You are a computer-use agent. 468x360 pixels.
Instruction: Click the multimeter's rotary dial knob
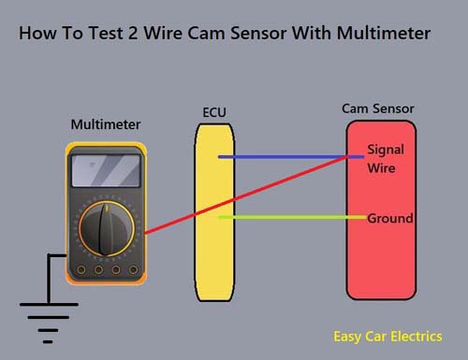[x=107, y=229]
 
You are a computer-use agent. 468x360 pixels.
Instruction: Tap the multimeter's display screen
[x=106, y=170]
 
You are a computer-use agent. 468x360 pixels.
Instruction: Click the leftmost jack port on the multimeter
[x=81, y=269]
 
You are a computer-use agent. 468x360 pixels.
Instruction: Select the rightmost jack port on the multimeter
[x=133, y=269]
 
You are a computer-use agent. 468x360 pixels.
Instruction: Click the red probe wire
[x=246, y=194]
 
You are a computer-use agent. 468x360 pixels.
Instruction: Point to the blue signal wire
[x=291, y=157]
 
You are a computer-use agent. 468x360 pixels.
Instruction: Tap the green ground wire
[x=293, y=217]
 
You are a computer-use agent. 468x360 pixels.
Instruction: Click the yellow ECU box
[x=214, y=212]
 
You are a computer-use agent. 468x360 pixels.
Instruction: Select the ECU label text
[x=214, y=112]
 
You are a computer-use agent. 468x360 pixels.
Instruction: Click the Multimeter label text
[x=106, y=124]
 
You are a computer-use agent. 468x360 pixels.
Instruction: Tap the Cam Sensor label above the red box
[x=378, y=108]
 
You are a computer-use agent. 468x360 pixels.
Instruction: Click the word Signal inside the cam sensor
[x=386, y=150]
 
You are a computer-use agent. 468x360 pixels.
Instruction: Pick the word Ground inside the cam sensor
[x=390, y=218]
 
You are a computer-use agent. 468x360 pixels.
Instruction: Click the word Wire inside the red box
[x=381, y=168]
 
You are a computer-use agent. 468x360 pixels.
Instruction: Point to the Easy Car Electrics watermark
[x=388, y=337]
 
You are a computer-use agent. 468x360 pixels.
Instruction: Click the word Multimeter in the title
[x=384, y=33]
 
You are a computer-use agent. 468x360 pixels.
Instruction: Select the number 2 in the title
[x=133, y=33]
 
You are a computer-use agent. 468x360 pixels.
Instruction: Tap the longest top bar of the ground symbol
[x=49, y=304]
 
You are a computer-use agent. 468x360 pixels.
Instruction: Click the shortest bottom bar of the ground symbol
[x=48, y=342]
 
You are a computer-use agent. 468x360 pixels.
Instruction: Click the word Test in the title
[x=106, y=33]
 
